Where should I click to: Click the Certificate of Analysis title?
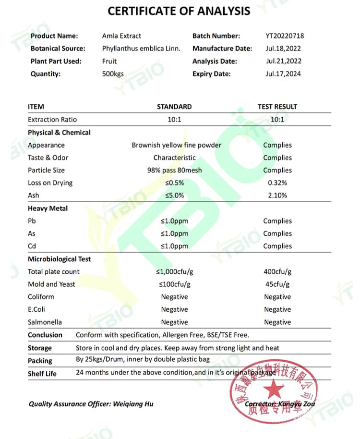tap(179, 11)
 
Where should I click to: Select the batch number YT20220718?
tap(285, 36)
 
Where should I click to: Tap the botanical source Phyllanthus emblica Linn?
tap(141, 49)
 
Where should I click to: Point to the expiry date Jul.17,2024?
tap(283, 74)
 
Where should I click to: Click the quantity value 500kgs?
tap(113, 74)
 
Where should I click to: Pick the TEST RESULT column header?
tap(277, 107)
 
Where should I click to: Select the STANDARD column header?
tap(174, 107)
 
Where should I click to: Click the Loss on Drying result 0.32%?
tap(277, 183)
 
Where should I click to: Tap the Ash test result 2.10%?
tap(277, 195)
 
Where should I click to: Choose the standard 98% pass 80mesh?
tap(174, 171)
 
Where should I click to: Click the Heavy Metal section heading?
tap(48, 208)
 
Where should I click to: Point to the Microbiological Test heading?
tap(59, 259)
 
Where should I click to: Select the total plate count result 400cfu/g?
tap(277, 272)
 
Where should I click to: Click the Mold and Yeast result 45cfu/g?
tap(277, 284)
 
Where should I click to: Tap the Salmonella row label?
tap(45, 322)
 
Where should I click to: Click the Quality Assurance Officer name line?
tap(91, 404)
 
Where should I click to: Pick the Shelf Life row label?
tap(42, 373)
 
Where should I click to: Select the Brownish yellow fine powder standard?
tap(177, 145)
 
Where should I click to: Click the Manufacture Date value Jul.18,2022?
tap(283, 49)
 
